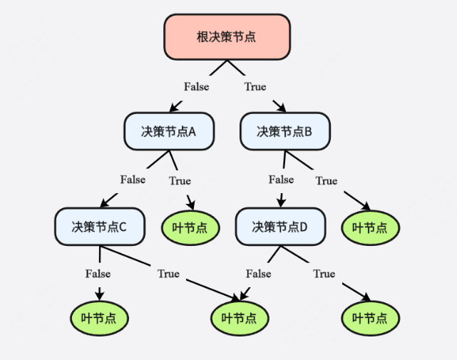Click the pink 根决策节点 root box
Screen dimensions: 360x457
[x=227, y=36]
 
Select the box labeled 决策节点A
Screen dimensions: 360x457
[x=168, y=131]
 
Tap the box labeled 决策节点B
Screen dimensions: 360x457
[x=284, y=131]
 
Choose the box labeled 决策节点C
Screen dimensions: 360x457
[x=99, y=227]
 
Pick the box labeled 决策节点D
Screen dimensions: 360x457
[x=279, y=227]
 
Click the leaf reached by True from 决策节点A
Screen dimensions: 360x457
[x=190, y=227]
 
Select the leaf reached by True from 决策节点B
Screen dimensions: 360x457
[x=370, y=227]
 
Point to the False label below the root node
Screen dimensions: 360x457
[x=196, y=86]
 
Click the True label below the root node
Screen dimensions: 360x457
[x=255, y=86]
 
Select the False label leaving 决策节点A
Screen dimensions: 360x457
[x=133, y=179]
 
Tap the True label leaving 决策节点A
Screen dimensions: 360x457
[x=180, y=180]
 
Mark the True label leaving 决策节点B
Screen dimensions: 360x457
[x=327, y=180]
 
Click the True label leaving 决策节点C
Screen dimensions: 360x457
[x=168, y=273]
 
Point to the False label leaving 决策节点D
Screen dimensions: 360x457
[x=258, y=273]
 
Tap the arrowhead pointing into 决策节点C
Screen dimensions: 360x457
[x=105, y=205]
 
